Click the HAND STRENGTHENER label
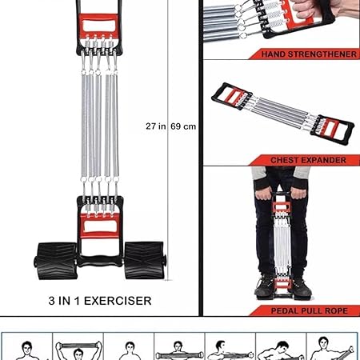pos(309,54)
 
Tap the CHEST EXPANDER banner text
pos(308,160)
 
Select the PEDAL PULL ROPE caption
pos(310,310)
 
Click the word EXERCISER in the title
pos(118,301)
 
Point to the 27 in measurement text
pos(156,126)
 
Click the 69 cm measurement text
pos(183,126)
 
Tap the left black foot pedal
pos(56,261)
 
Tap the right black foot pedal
pos(145,260)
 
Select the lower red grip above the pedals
pos(100,226)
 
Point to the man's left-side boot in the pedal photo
pos(265,286)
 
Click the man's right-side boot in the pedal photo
pos(302,287)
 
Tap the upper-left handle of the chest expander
pos(231,96)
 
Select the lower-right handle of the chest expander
pos(332,130)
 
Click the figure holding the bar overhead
pos(78,350)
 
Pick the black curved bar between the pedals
pos(100,261)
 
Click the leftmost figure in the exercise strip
pos(26,350)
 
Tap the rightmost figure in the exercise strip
pos(331,349)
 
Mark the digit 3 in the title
pos(52,301)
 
